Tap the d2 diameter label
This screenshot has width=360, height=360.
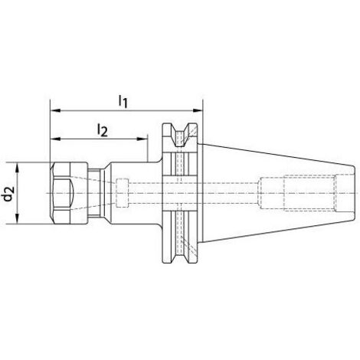8,193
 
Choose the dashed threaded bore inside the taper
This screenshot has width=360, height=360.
306,193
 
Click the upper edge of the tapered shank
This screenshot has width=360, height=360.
276,152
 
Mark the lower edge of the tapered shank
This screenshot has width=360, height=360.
276,234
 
